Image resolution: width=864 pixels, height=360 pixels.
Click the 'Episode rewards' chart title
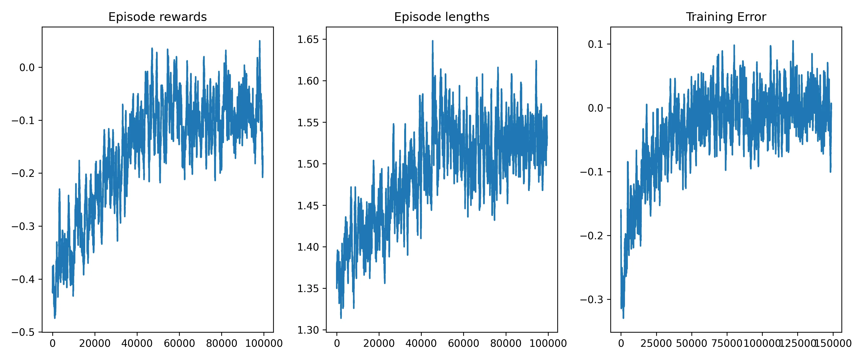pos(157,17)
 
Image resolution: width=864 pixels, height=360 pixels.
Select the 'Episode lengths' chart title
pos(441,17)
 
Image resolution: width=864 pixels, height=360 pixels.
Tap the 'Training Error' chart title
pos(726,17)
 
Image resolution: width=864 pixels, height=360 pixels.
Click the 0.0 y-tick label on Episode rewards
pos(27,67)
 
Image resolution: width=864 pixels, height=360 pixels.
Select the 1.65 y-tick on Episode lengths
pos(308,39)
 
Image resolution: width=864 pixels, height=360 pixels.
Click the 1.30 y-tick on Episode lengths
pos(308,330)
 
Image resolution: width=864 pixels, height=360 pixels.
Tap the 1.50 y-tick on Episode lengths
pos(308,164)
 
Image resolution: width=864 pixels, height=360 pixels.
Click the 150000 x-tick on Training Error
pos(833,343)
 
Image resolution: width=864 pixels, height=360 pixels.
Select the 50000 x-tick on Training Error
pos(692,343)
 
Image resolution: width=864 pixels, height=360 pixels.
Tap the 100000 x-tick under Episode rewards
pos(263,343)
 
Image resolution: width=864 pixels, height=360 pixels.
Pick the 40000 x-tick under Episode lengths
pos(421,343)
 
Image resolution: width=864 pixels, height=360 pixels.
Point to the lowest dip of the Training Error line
pos(623,318)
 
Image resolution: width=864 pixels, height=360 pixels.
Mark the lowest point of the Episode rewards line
pos(55,318)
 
